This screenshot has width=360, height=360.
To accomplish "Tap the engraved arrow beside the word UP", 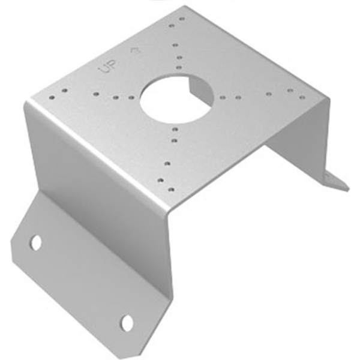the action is (135, 50).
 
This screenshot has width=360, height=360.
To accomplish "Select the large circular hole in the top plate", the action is (176, 99).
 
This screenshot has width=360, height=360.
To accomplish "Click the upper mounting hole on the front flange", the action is (36, 242).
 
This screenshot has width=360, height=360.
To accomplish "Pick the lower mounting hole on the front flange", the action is (127, 323).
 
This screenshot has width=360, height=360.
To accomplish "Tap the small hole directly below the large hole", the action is (175, 130).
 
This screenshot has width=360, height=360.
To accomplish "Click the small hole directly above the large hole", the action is (179, 67).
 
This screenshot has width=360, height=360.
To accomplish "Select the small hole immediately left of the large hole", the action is (131, 98).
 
